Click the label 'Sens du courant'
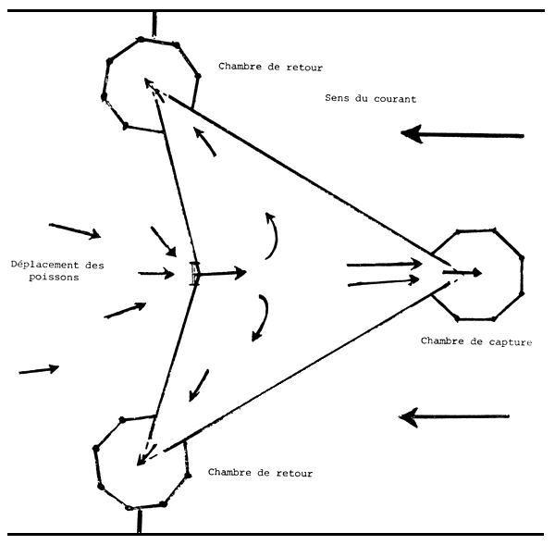[x=370, y=99]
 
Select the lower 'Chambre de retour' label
[x=260, y=473]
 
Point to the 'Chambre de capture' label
[x=476, y=341]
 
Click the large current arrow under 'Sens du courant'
[x=462, y=136]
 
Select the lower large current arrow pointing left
[x=453, y=417]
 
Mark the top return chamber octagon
[x=150, y=83]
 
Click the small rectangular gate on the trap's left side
[x=193, y=274]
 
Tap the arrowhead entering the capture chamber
[x=474, y=273]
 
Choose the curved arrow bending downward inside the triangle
[x=263, y=318]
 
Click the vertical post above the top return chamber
[x=154, y=23]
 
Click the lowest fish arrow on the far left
[x=39, y=370]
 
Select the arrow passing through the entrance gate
[x=222, y=273]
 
